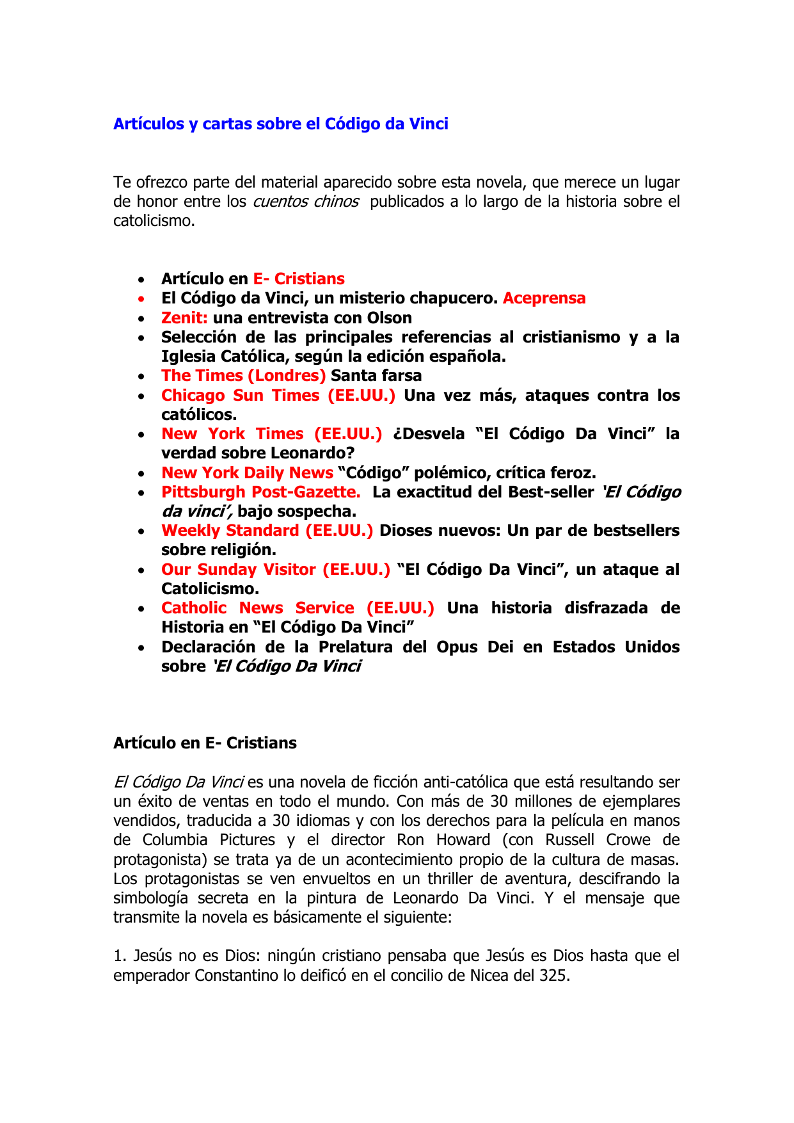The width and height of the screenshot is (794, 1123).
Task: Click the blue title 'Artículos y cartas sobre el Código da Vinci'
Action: (x=280, y=124)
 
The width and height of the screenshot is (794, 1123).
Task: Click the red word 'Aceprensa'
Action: (x=544, y=298)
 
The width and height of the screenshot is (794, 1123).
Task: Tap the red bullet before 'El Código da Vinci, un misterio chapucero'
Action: (x=141, y=300)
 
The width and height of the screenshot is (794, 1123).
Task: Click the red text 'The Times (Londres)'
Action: (x=243, y=376)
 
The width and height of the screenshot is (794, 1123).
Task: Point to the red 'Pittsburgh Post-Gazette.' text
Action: (x=260, y=492)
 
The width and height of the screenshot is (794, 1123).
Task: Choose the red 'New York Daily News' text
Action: (x=247, y=473)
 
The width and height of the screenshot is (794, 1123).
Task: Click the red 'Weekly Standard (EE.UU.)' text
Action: (x=267, y=531)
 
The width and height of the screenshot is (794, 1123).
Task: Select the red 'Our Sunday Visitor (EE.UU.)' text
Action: (x=275, y=570)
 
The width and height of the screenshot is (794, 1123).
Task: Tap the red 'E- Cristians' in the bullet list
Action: (x=299, y=279)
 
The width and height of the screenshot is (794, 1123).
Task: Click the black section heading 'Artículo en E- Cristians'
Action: (x=205, y=743)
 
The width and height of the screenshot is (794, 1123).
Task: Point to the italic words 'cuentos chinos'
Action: (x=306, y=202)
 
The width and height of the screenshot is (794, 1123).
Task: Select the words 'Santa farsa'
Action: (x=376, y=376)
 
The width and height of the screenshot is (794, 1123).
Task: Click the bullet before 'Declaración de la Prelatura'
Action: (x=141, y=649)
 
